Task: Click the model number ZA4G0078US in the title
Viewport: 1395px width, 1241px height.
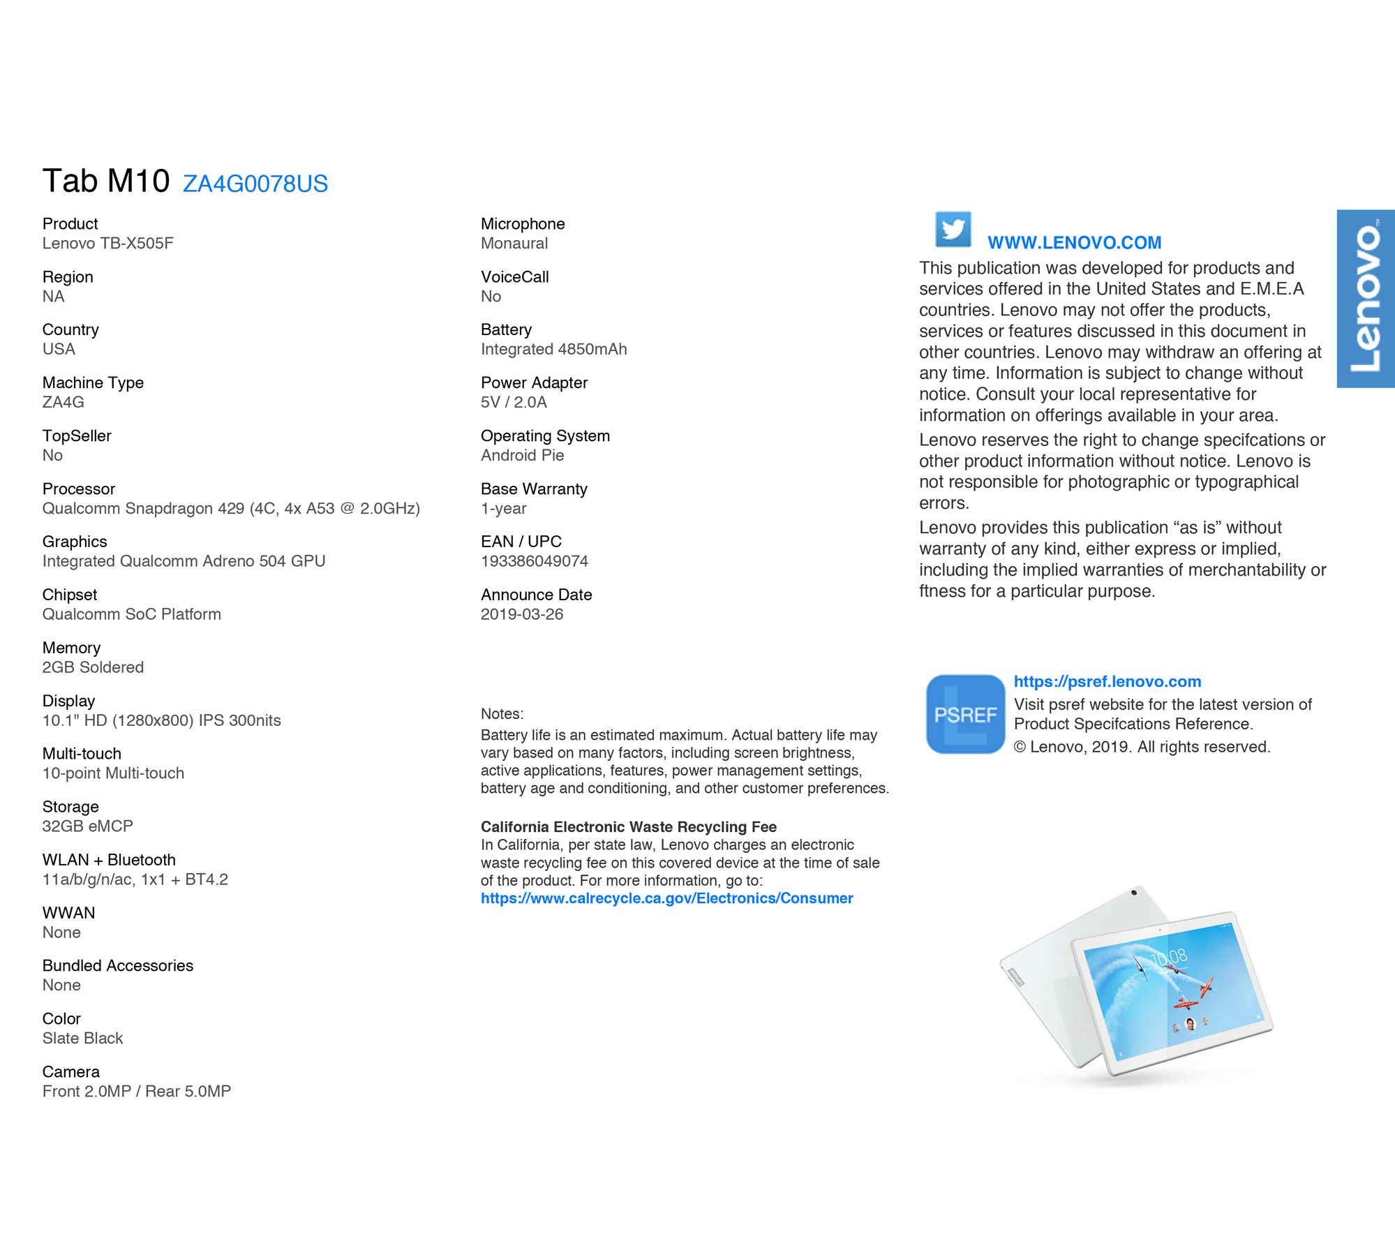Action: click(255, 184)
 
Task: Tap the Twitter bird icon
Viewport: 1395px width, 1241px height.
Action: click(953, 229)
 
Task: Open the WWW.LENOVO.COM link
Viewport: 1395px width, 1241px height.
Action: click(1074, 243)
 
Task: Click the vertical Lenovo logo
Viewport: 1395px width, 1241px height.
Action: click(1365, 298)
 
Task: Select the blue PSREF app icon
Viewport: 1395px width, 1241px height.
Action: click(965, 714)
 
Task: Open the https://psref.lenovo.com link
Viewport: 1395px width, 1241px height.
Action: click(1107, 681)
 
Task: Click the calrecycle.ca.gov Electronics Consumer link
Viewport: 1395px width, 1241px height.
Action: click(666, 898)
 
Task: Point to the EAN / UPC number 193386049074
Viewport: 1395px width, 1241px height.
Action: click(534, 561)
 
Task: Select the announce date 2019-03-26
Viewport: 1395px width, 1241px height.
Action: click(521, 614)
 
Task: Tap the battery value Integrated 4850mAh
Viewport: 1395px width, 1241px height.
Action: click(553, 349)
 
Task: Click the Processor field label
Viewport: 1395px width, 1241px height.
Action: click(78, 489)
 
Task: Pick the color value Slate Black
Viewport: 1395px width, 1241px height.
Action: click(82, 1038)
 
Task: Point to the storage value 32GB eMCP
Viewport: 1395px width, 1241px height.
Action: click(87, 826)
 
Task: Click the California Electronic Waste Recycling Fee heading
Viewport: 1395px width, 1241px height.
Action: click(628, 826)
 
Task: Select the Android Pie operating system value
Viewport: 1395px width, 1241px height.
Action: click(522, 455)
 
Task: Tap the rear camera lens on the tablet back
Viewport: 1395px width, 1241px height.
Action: click(1134, 893)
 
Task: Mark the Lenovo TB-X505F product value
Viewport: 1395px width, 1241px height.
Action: click(107, 243)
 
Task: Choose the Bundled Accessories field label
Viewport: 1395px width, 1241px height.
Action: click(117, 965)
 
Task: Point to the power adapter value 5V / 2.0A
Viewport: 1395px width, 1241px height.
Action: click(513, 402)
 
